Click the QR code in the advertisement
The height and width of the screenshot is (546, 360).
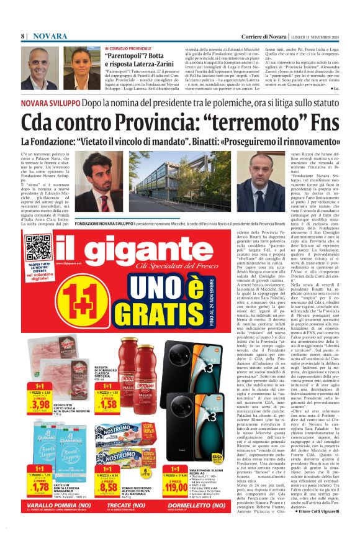pos(38,247)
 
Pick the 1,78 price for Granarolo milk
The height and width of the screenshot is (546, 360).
pos(40,486)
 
